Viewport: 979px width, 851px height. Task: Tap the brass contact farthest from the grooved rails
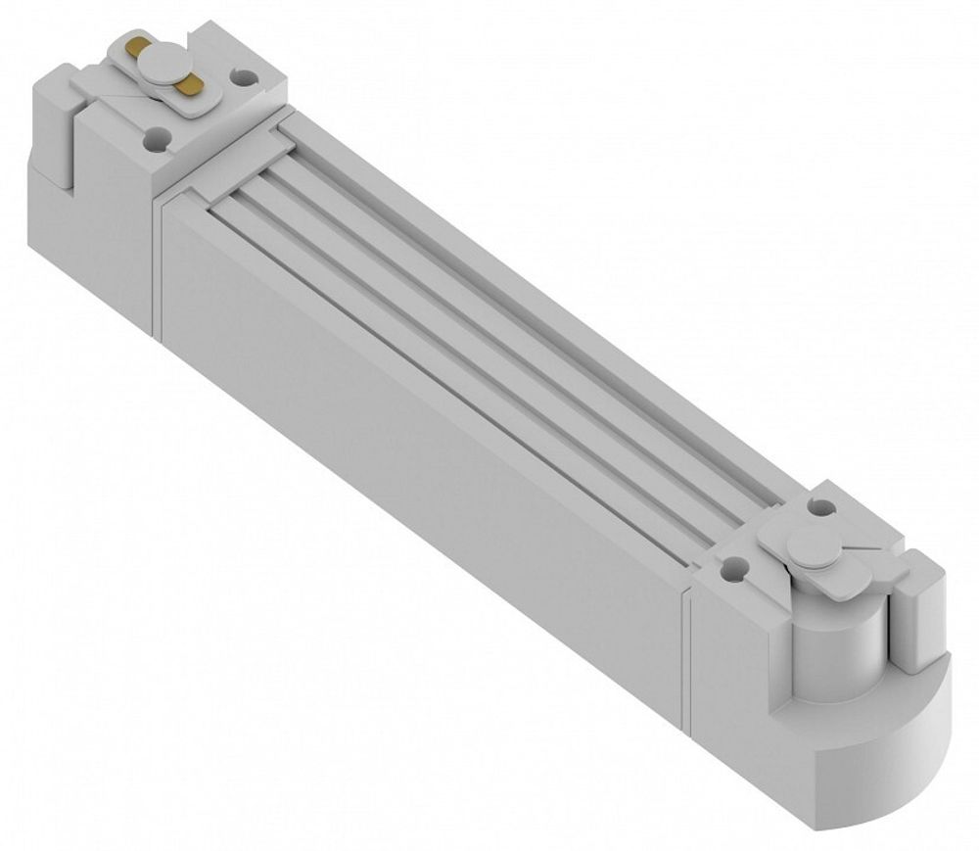point(135,48)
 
